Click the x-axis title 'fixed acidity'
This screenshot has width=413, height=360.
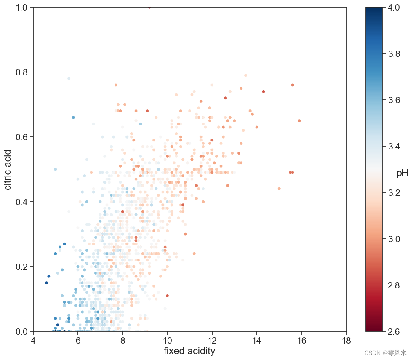[x=189, y=351]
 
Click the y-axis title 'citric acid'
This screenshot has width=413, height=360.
[x=8, y=169]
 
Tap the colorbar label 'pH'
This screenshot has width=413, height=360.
[x=402, y=173]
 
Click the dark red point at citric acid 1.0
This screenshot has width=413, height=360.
[x=149, y=7]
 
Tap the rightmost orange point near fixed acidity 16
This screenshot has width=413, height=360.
[x=299, y=120]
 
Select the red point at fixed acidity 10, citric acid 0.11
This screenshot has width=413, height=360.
[x=167, y=296]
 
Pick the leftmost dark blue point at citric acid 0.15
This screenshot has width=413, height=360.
[x=46, y=283]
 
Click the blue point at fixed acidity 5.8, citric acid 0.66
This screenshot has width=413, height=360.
[x=73, y=117]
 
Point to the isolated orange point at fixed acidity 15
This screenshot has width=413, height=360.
[x=279, y=189]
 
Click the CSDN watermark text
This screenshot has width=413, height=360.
[x=382, y=353]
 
